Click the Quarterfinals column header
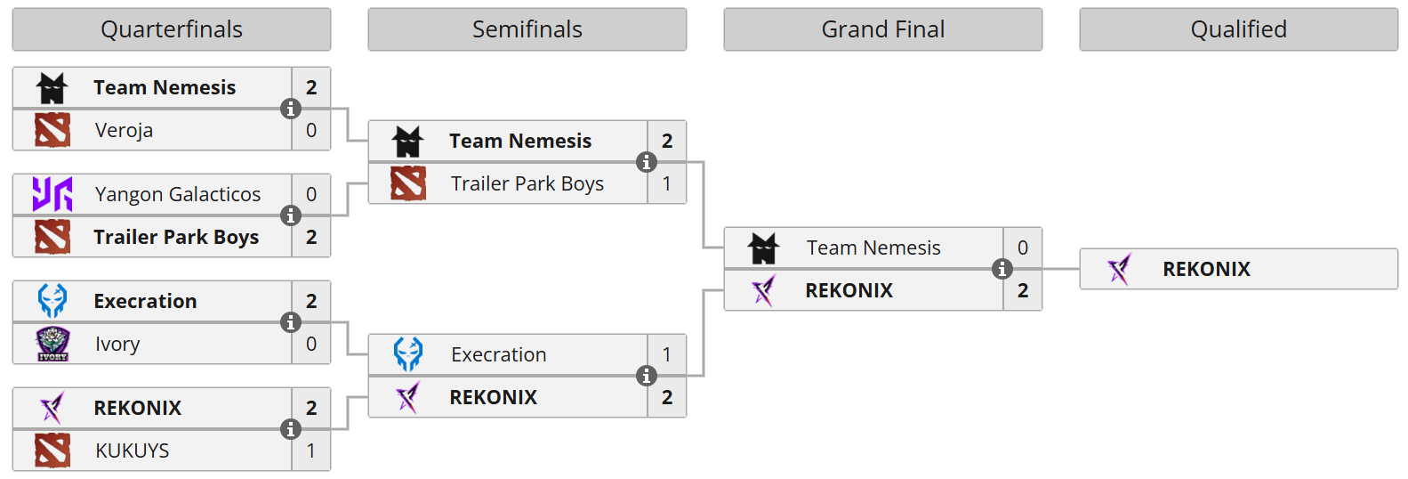172,29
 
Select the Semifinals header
527,29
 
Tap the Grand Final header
883,29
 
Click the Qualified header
1239,29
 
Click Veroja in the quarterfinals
125,131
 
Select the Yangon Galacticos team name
178,194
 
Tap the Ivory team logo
52,344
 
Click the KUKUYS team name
133,451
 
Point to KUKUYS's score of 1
311,451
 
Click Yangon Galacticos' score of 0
311,194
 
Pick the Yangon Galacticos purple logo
52,194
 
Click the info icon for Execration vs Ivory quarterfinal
291,322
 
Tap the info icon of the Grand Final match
1002,269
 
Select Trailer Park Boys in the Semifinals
527,183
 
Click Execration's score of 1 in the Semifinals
667,354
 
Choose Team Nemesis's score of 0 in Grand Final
1023,248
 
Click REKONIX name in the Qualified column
1206,269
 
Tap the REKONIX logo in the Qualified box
1120,269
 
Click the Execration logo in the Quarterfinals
52,301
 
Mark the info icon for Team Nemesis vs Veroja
291,109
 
